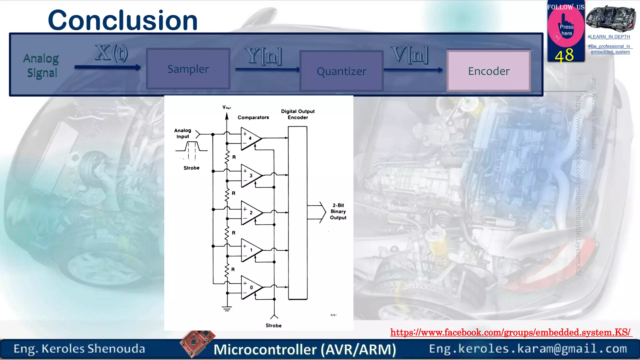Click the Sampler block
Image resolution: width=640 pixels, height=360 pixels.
pos(188,69)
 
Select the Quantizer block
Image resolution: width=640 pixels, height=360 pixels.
pos(341,71)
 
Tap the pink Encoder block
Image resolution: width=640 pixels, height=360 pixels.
pos(489,71)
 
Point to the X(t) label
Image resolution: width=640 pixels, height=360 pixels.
pos(112,53)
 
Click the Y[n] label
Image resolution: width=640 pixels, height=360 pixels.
pos(263,56)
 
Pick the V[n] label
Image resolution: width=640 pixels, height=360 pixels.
pos(409,55)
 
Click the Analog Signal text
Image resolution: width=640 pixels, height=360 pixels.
pos(41,66)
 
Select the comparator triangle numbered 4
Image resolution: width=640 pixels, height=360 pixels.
pos(250,138)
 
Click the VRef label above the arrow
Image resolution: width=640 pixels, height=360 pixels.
pos(227,107)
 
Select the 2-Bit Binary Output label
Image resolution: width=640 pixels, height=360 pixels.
pos(338,212)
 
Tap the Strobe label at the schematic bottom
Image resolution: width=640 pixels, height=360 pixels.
pos(273,325)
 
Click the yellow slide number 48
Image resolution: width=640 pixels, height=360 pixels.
pos(564,55)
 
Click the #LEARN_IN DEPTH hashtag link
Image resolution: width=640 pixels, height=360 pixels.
pos(608,37)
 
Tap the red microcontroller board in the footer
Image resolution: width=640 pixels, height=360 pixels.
pos(197,342)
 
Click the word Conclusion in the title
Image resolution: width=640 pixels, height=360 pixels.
pos(123,20)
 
